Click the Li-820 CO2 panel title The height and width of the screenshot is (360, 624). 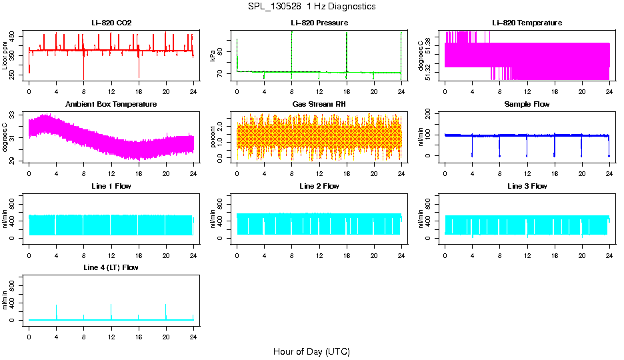pos(111,23)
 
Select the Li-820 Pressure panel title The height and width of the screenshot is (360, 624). pos(319,23)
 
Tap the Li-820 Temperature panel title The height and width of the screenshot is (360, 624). pos(527,23)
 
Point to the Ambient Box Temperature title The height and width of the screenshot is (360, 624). pos(111,104)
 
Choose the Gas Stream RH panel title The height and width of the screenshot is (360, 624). pos(319,104)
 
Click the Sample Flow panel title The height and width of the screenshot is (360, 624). pos(527,104)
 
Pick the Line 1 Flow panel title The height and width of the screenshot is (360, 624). pos(111,186)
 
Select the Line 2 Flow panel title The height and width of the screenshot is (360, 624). pos(319,186)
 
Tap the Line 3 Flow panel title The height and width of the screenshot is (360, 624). pos(527,186)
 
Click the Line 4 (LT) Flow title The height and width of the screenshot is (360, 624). pos(111,267)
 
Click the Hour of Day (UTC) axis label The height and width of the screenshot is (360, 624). pos(311,351)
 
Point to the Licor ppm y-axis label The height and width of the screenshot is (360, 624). pos(5,56)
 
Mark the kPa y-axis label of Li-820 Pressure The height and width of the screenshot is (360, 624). pos(213,56)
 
